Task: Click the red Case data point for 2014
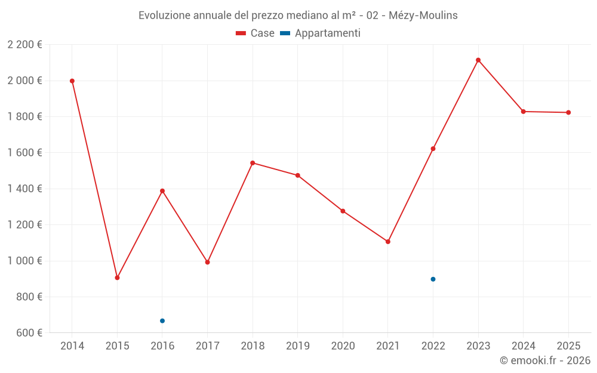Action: (x=72, y=81)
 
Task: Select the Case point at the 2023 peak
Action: (x=478, y=60)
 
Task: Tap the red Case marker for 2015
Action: (x=117, y=278)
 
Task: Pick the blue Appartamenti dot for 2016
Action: (x=162, y=321)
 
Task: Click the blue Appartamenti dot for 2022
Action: (x=433, y=279)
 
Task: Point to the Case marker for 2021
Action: (x=388, y=242)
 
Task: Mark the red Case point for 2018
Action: (x=253, y=163)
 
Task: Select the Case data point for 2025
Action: (x=568, y=112)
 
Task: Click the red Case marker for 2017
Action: (x=207, y=262)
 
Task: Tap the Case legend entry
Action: (x=255, y=33)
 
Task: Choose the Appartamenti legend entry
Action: (x=321, y=33)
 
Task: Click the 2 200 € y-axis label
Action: (x=24, y=45)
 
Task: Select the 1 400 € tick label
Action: (x=24, y=189)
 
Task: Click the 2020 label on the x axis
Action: (x=343, y=346)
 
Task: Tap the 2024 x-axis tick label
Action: (x=523, y=346)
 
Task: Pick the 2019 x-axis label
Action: (x=297, y=346)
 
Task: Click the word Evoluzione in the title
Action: (x=165, y=16)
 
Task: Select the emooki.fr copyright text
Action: (x=544, y=360)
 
